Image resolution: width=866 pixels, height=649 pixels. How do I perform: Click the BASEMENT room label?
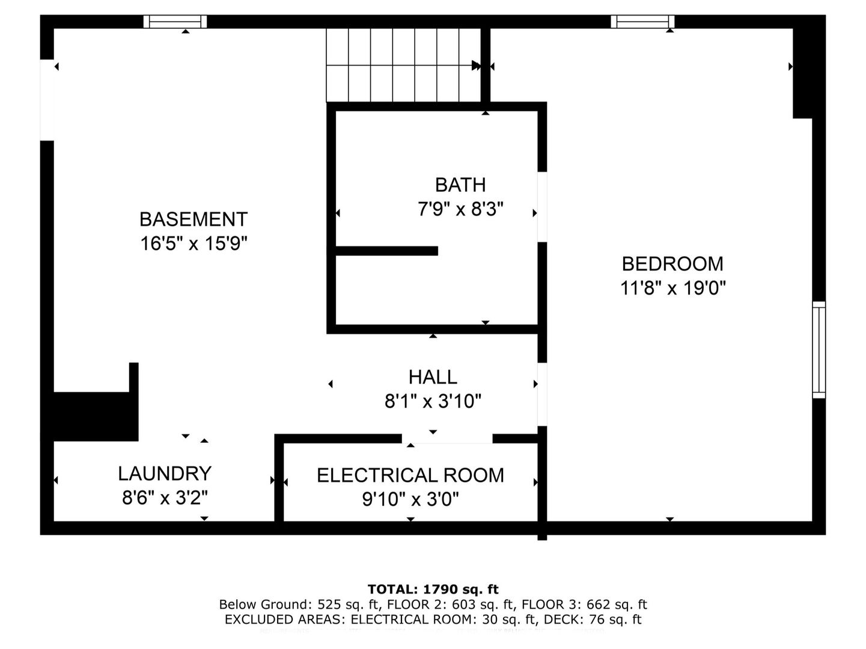[194, 219]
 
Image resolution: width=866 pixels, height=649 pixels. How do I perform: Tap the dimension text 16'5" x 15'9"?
[194, 243]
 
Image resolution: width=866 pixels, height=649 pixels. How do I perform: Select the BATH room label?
[460, 184]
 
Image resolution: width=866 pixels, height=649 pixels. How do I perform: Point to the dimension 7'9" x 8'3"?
[460, 209]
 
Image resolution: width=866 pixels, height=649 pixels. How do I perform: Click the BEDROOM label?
[672, 264]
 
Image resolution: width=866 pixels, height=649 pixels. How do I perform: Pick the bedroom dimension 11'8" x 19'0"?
[672, 288]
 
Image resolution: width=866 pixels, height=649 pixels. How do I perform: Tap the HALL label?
[433, 377]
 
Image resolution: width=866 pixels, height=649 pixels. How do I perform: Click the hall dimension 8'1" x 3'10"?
[433, 401]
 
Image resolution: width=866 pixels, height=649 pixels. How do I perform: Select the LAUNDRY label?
[165, 474]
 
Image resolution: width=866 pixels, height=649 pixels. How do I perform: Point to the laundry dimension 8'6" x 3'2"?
[165, 498]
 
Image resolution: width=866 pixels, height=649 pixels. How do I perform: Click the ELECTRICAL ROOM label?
[410, 475]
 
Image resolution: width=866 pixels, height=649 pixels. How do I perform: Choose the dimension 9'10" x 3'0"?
[410, 499]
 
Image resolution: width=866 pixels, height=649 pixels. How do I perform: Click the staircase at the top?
[403, 65]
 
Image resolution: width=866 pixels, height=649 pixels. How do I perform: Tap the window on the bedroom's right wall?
[819, 350]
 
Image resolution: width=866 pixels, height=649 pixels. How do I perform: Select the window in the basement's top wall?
[175, 22]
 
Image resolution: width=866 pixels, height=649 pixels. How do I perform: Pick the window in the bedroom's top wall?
[642, 22]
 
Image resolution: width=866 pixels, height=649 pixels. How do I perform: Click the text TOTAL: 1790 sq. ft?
[433, 589]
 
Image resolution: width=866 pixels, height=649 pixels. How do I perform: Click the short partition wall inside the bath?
[386, 251]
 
